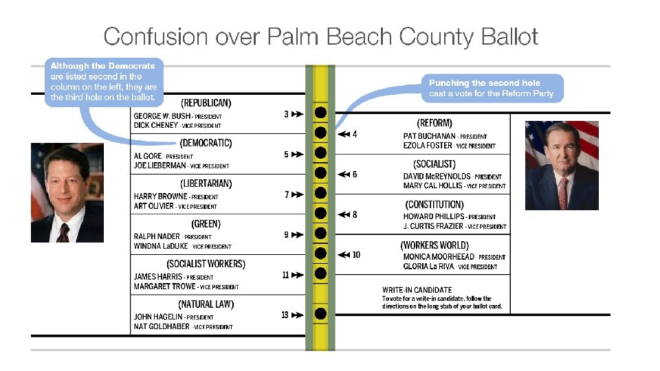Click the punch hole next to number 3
click(x=320, y=113)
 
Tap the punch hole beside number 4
click(x=320, y=133)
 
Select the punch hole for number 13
click(x=320, y=314)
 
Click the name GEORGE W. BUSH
click(x=162, y=116)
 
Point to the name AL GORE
click(x=148, y=156)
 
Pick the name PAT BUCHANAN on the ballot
click(x=430, y=136)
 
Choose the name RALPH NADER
click(x=157, y=236)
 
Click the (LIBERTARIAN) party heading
click(x=206, y=183)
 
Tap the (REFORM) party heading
click(x=434, y=123)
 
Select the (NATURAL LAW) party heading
click(x=206, y=304)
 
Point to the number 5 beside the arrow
click(x=286, y=155)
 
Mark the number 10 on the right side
click(x=356, y=255)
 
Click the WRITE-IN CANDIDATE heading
click(x=417, y=290)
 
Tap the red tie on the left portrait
click(x=63, y=232)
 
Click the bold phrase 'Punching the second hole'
click(x=485, y=83)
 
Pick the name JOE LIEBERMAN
click(x=159, y=166)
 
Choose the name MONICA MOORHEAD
click(x=439, y=257)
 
